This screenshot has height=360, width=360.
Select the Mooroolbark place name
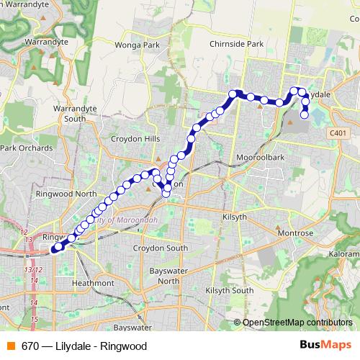[x=258, y=156]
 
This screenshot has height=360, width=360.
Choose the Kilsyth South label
[x=230, y=290]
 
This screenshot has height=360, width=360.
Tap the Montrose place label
[x=297, y=233]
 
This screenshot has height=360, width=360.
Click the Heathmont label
[x=93, y=284]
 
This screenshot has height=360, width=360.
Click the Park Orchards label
[x=26, y=148]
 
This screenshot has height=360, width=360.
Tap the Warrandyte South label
[x=70, y=113]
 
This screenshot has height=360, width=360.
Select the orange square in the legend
[x=11, y=346]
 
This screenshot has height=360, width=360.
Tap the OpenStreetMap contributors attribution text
[x=297, y=323]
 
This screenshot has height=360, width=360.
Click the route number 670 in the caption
[x=30, y=346]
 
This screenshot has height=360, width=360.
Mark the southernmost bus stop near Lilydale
[x=305, y=114]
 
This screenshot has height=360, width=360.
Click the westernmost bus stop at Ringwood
[x=55, y=250]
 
